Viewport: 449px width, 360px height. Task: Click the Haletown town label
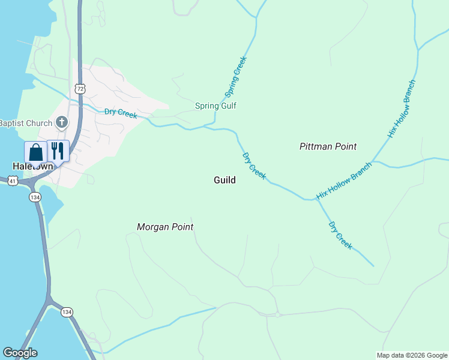point(30,166)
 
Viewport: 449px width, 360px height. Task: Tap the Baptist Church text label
point(26,123)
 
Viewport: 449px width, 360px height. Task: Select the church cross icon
point(61,123)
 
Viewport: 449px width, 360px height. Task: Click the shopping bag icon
point(35,152)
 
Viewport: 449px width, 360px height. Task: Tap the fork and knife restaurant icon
point(58,151)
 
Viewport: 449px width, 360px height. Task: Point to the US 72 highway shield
point(80,88)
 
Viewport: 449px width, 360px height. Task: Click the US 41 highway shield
point(12,180)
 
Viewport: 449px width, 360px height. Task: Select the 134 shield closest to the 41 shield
point(35,197)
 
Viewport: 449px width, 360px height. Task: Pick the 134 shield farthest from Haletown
point(67,311)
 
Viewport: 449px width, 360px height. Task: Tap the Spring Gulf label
point(215,106)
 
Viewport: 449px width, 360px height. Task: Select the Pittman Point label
point(328,146)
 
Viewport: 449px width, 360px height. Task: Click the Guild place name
point(224,180)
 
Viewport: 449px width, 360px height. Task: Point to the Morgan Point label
point(165,227)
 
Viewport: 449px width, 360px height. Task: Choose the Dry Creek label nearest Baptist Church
point(121,113)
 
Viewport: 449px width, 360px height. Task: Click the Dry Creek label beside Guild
point(254,166)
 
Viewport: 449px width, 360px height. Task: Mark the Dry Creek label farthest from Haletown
point(340,235)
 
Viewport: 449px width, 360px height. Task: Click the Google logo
point(20,353)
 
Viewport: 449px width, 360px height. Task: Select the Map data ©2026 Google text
point(412,355)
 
